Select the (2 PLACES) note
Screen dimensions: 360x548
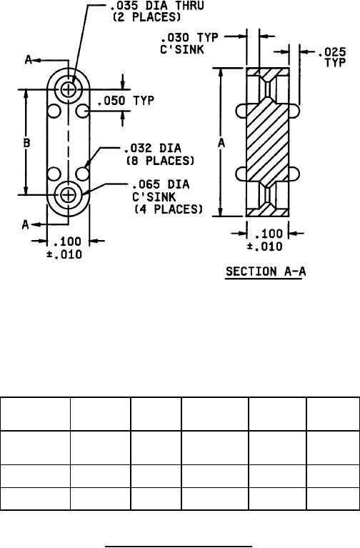coord(146,17)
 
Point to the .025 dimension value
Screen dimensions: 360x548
coord(332,52)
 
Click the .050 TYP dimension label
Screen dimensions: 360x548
coord(126,101)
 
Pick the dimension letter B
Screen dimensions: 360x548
coord(26,143)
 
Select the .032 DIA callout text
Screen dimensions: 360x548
coord(153,148)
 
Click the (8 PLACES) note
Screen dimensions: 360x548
coord(160,161)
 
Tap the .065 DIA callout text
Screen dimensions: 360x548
coord(161,184)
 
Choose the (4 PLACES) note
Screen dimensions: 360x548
coord(169,209)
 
